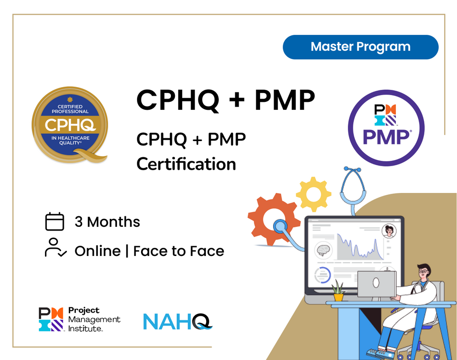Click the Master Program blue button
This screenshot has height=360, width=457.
pyautogui.click(x=361, y=47)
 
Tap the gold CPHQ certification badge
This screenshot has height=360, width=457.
pyautogui.click(x=70, y=125)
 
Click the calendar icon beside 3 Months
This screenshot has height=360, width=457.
pyautogui.click(x=55, y=222)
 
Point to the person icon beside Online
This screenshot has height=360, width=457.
pyautogui.click(x=55, y=248)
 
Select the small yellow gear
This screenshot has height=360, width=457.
pyautogui.click(x=314, y=194)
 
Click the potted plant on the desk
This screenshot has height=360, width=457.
pyautogui.click(x=338, y=291)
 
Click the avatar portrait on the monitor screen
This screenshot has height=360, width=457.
pyautogui.click(x=389, y=230)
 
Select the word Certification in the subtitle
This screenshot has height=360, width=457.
pyautogui.click(x=186, y=164)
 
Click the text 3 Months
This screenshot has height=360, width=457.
pyautogui.click(x=107, y=222)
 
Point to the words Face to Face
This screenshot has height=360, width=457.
pyautogui.click(x=179, y=251)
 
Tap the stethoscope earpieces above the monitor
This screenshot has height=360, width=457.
pyautogui.click(x=352, y=170)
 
